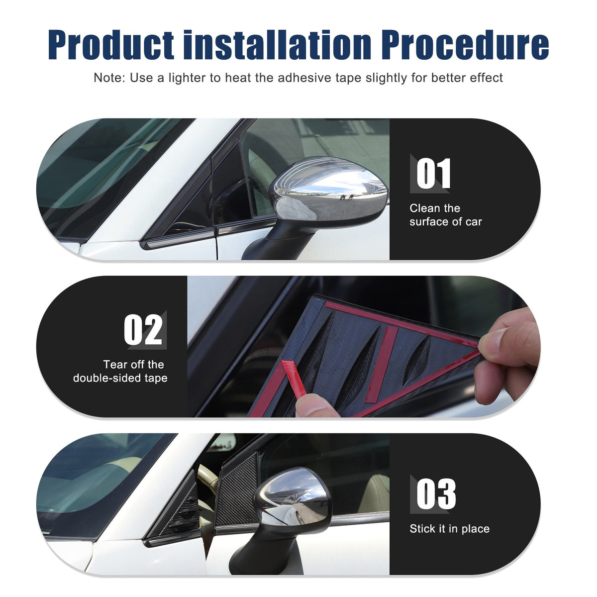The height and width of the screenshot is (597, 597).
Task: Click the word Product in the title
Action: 111,45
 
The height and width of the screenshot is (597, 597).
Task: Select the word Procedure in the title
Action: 465,45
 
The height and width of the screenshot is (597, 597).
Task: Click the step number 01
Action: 433,173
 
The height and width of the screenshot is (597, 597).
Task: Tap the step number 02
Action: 143,329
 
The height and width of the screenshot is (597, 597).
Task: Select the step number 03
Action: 436,494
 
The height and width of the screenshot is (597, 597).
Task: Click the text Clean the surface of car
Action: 445,215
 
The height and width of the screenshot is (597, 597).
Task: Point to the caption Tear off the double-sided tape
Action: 120,371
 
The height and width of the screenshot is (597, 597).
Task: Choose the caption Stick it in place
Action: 450,528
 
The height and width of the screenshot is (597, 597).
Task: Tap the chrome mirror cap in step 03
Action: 293,497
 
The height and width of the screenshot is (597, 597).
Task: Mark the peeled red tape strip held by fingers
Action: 295,379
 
